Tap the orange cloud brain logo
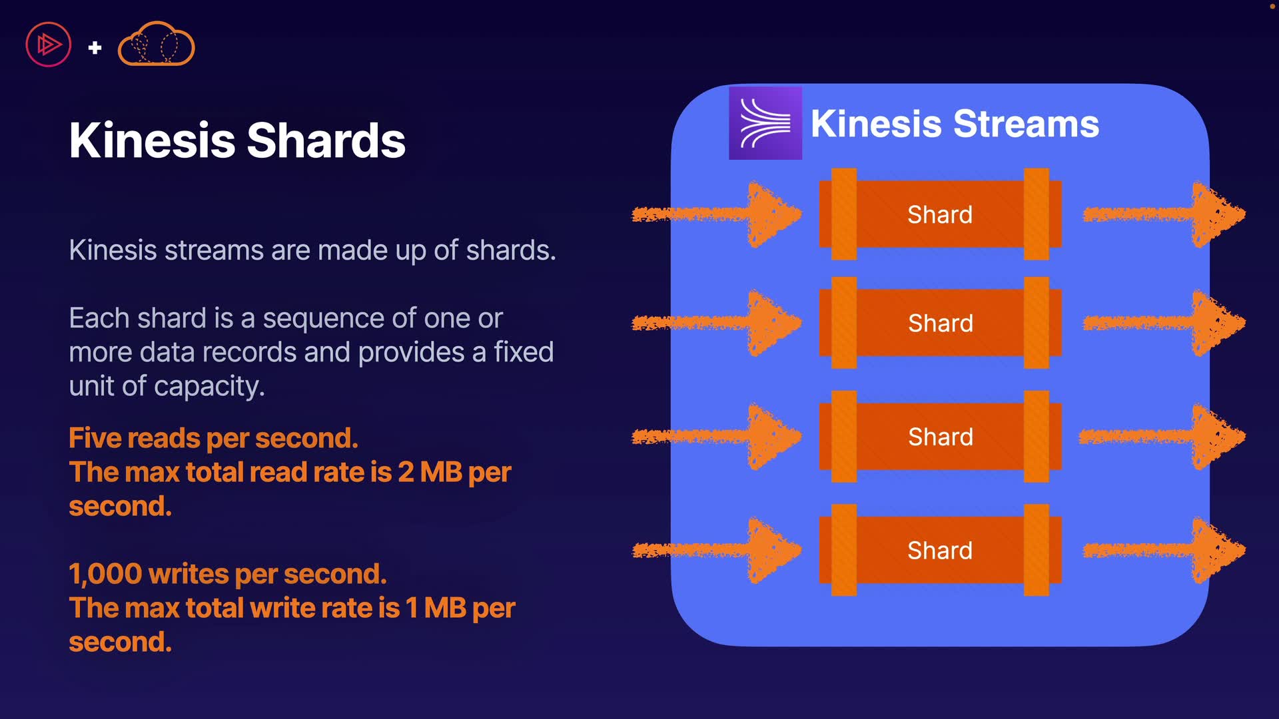156,44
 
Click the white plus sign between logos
95,47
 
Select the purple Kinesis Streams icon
765,123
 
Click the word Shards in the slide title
326,140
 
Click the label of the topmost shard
940,214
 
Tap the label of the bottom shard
940,551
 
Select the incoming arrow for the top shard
717,214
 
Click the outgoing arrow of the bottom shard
1164,550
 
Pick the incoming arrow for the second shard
717,323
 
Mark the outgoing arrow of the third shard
1162,437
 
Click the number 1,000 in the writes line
105,574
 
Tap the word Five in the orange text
94,438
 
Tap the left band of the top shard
844,214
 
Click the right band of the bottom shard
1037,550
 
